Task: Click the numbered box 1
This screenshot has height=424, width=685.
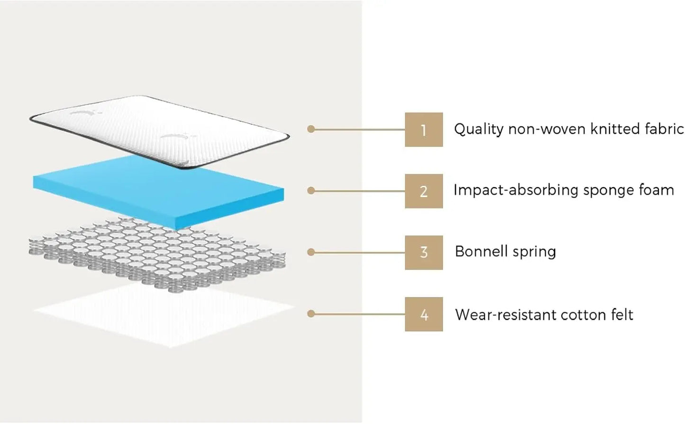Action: click(423, 129)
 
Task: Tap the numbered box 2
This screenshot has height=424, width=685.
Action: click(423, 191)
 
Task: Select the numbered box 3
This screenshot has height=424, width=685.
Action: click(423, 253)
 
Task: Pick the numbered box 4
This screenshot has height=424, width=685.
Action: click(423, 314)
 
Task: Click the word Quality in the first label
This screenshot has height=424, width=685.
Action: click(479, 129)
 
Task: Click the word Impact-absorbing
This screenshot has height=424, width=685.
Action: click(516, 190)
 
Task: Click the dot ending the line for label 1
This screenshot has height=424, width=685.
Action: click(311, 129)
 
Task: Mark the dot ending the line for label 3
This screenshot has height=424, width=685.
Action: click(311, 253)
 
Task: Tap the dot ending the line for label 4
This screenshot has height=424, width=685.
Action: click(311, 314)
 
